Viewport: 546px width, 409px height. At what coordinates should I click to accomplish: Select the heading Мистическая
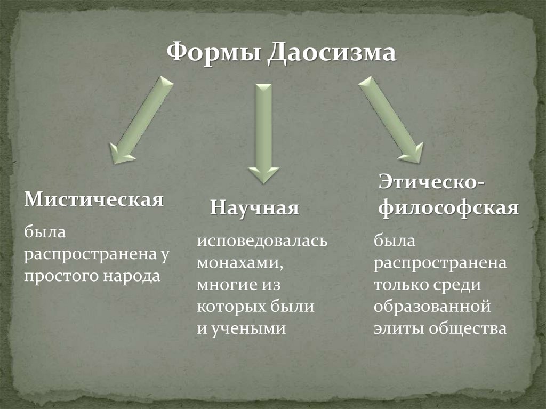point(94,200)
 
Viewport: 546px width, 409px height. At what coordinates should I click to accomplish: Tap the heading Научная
point(254,207)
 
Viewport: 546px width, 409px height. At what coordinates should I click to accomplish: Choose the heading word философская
point(448,207)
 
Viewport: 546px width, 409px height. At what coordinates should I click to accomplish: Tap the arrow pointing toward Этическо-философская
point(391,118)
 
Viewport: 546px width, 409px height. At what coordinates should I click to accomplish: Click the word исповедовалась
point(262,241)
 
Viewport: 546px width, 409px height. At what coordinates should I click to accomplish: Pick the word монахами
point(237,263)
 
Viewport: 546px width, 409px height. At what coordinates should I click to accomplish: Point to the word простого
point(57,276)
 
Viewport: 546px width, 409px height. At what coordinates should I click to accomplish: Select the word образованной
point(431,307)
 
